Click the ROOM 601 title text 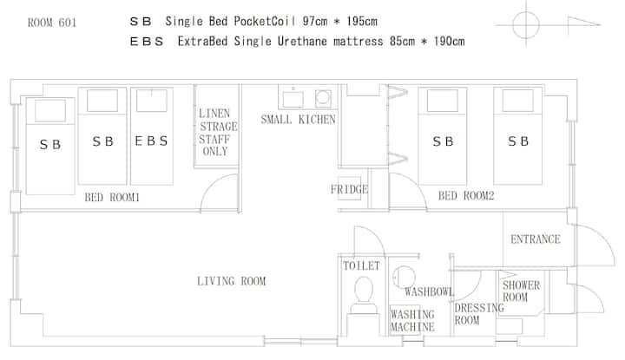click(52, 23)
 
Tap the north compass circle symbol click(526, 24)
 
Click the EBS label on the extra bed click(151, 141)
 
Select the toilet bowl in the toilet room click(364, 290)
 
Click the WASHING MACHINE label click(412, 321)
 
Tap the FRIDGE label click(349, 189)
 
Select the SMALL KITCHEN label click(298, 119)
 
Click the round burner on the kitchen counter click(322, 97)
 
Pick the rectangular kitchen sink click(293, 99)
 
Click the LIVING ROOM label click(231, 281)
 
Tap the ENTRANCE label click(536, 239)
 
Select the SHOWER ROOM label click(521, 291)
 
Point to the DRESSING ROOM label click(478, 314)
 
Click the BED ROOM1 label click(112, 197)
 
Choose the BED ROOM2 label click(466, 195)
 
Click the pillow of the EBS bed click(151, 101)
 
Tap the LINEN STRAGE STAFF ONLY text click(218, 132)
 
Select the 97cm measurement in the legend click(315, 21)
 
